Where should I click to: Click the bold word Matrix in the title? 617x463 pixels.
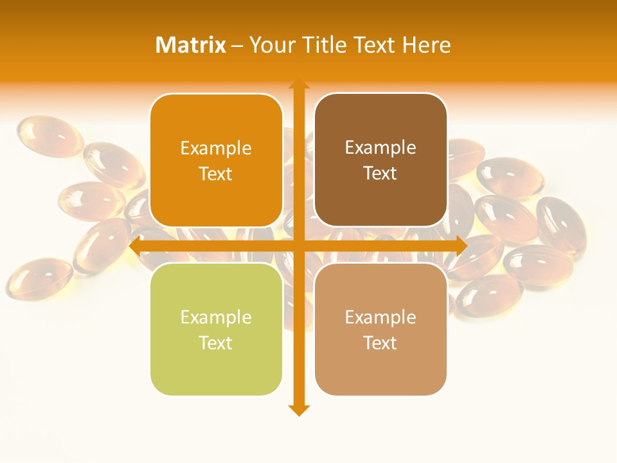(x=191, y=45)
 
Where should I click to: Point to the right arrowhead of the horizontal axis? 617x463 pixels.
(x=461, y=246)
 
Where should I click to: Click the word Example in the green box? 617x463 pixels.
(x=216, y=318)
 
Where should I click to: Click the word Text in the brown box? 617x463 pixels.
(x=380, y=174)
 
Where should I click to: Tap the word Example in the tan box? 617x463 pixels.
(x=380, y=318)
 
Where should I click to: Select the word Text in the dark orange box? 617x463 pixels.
(x=216, y=174)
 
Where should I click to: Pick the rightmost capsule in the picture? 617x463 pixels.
(x=561, y=222)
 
